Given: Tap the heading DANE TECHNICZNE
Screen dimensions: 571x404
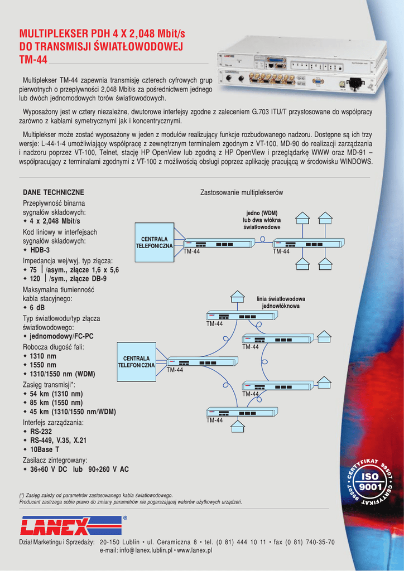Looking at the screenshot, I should [54, 192].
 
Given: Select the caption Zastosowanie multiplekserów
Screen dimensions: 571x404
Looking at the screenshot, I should [242, 192].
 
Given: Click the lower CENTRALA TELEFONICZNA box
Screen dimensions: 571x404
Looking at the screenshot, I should [136, 361].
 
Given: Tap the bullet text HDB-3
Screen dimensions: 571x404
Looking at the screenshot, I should [40, 250].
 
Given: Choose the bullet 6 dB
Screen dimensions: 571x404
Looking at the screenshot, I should [38, 308].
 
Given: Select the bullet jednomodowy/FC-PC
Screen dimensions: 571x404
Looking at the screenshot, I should [61, 337].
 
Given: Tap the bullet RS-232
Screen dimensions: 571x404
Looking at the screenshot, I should [41, 432].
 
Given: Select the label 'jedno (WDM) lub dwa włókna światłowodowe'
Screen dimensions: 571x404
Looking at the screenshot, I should [262, 220].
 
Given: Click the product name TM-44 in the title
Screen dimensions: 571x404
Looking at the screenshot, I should [33, 59].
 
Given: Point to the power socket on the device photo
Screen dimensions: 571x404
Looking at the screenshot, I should [354, 84].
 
